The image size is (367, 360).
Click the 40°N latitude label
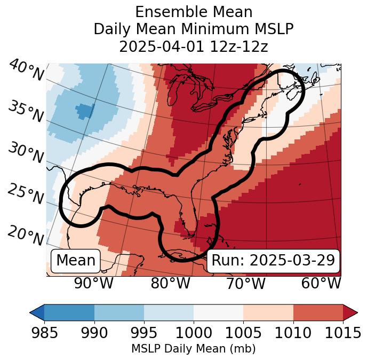pos(25,70)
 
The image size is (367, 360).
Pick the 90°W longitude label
pos(94,284)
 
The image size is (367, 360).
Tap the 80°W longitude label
pos(171,284)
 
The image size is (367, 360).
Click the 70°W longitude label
pos(245,284)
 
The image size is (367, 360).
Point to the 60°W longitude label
pos(321,284)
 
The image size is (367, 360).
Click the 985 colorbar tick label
pos(44,333)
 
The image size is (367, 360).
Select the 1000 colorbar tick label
pos(193,333)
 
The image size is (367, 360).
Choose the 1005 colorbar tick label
pos(243,333)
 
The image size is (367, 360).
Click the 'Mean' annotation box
pos(76,261)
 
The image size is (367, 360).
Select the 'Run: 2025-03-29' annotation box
pos(273,261)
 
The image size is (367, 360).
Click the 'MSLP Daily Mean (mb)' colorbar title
pos(193,349)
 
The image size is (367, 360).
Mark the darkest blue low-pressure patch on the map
pos(85,111)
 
